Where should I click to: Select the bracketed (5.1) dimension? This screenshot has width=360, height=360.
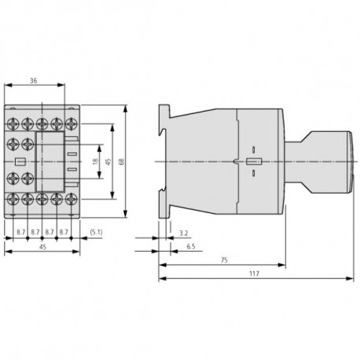click(96, 232)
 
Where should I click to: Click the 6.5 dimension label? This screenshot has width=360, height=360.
click(191, 248)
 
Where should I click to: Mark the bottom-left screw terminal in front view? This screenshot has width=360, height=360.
click(13, 200)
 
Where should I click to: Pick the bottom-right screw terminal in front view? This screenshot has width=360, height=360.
click(72, 200)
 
